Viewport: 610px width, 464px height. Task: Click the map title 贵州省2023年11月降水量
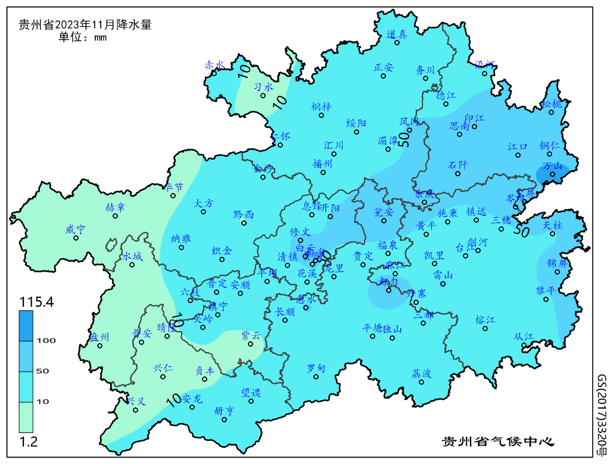[85, 25]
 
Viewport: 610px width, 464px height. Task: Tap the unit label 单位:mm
[82, 38]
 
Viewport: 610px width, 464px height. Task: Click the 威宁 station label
[76, 229]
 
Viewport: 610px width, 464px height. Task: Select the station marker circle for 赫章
[114, 216]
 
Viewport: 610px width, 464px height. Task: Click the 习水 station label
[263, 87]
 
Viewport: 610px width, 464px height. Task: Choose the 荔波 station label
[421, 373]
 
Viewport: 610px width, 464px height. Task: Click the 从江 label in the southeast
[524, 337]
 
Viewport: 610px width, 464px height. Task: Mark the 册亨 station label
[224, 410]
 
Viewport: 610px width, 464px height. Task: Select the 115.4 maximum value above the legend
[36, 302]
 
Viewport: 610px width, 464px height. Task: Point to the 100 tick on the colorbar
[46, 340]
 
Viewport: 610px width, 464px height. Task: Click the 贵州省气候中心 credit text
[497, 442]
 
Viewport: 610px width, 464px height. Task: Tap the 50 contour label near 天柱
[522, 229]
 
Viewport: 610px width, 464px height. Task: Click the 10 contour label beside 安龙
[173, 398]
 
